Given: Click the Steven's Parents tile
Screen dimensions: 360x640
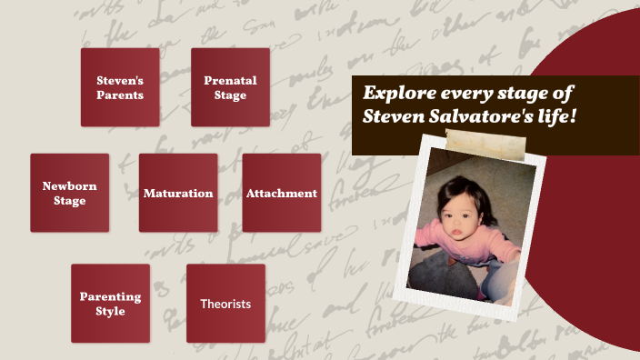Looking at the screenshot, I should (120, 87).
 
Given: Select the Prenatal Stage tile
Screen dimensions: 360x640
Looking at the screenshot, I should (230, 87).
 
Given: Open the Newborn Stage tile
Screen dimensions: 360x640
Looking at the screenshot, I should (69, 193).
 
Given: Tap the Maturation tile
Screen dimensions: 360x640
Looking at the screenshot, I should (178, 193).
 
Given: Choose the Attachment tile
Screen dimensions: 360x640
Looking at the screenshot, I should (282, 193).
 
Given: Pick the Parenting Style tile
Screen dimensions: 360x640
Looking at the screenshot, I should (110, 304).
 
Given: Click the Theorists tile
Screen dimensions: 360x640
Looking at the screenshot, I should (225, 304).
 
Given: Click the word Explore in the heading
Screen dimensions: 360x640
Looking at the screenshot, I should (396, 93).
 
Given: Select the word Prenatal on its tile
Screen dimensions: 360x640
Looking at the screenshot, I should (230, 80).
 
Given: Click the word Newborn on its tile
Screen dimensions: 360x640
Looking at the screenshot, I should (69, 185).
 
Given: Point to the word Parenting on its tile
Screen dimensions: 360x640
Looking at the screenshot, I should (110, 296).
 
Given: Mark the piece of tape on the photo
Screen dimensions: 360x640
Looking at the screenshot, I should (485, 142).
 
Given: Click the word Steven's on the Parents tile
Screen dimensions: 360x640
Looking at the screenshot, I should (120, 80).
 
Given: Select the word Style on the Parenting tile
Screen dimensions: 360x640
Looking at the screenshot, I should (110, 311).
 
